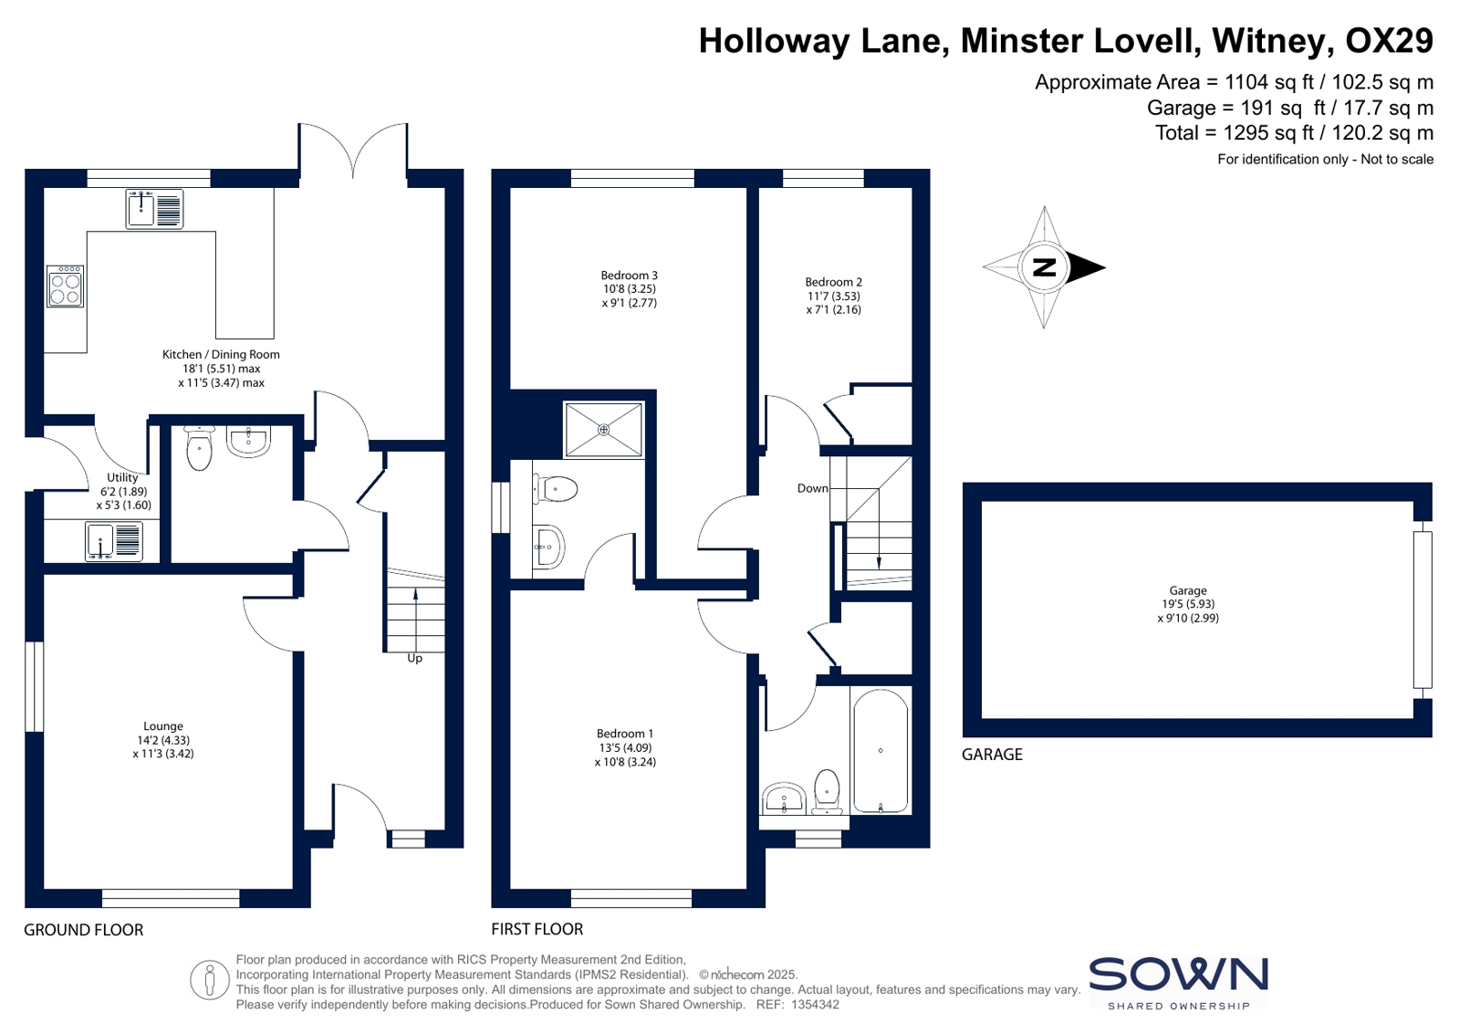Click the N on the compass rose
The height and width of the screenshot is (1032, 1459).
1044,267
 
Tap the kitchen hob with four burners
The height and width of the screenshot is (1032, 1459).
65,286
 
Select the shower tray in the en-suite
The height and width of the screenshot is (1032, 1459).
604,430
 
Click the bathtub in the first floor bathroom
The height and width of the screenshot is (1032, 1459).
880,751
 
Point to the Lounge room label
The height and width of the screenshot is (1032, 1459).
162,725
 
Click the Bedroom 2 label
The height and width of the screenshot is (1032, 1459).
834,282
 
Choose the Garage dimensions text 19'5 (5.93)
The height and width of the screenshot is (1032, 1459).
1188,604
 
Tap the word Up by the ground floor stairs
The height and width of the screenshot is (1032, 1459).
415,659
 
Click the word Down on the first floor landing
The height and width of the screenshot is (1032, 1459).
813,488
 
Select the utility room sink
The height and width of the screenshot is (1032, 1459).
113,541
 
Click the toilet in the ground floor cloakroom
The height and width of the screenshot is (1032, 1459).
199,448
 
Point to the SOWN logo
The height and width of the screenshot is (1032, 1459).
1179,983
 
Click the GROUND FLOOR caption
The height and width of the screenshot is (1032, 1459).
83,930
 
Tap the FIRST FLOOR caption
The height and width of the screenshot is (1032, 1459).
537,929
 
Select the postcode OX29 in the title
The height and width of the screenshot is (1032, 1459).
1390,40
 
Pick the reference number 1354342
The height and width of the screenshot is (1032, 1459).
815,1005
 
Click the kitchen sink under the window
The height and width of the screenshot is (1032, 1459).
154,209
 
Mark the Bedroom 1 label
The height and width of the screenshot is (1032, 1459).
625,734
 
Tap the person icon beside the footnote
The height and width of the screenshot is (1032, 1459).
209,980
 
